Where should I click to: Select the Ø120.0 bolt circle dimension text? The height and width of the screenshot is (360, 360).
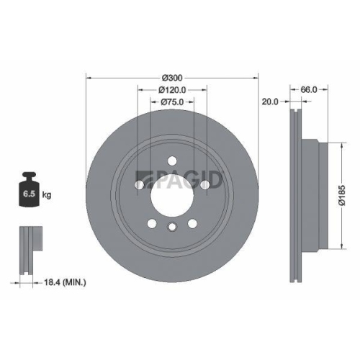172,90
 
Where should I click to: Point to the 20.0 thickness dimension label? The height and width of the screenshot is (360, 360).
270,102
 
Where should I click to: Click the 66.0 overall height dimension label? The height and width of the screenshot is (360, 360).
308,90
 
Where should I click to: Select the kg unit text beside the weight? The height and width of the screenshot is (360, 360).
46,195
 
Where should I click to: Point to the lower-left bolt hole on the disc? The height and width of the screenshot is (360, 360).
151,224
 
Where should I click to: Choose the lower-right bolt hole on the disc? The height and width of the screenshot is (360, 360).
193,224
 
